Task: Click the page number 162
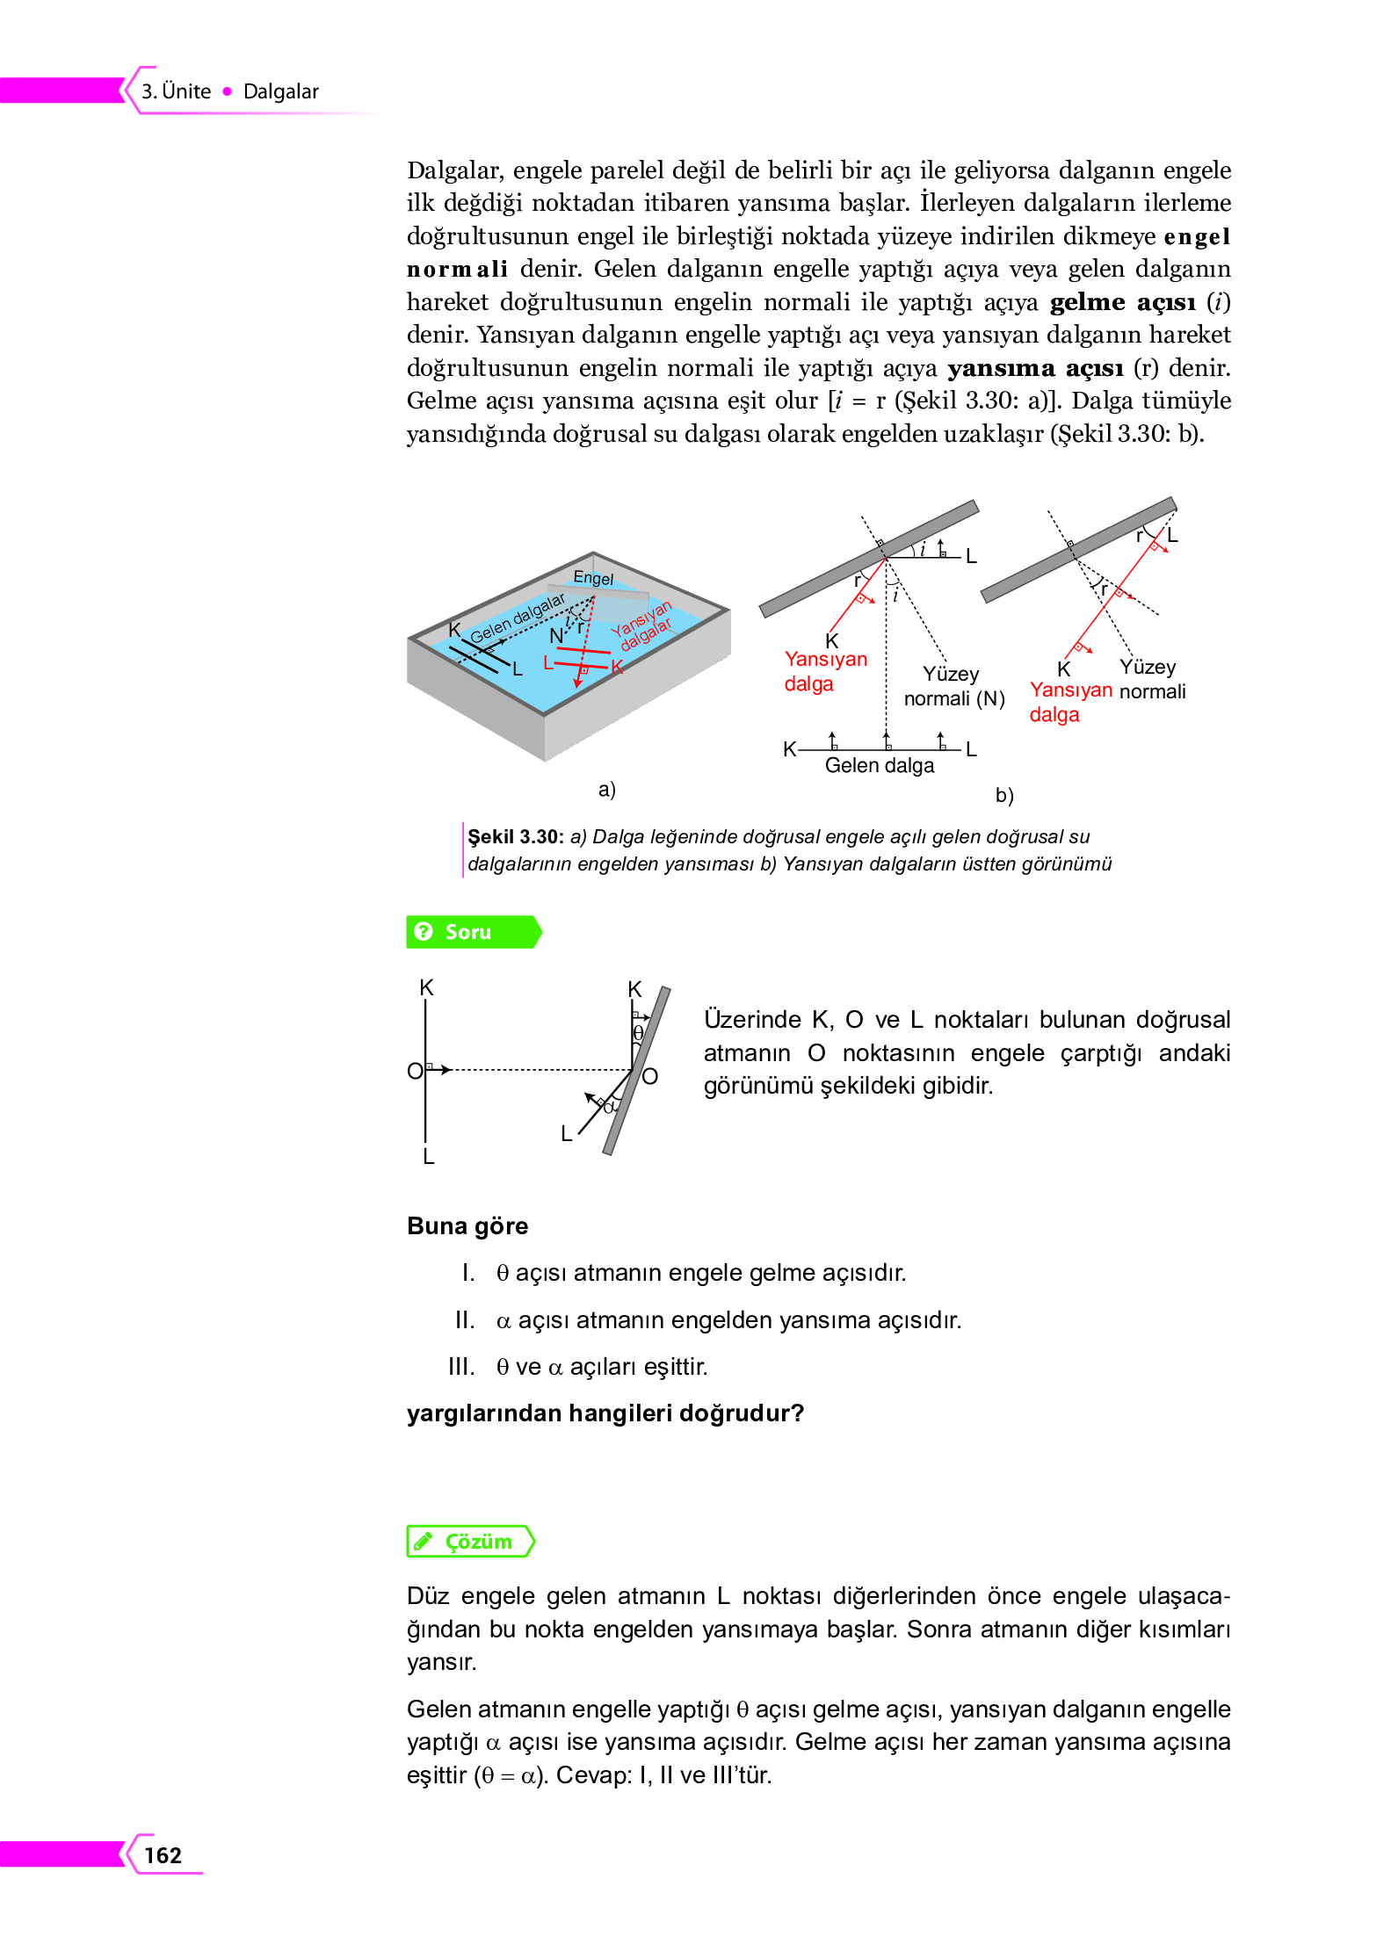[x=163, y=1854]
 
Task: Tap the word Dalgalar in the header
[x=280, y=92]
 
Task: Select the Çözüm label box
[x=471, y=1542]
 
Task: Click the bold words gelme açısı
[x=1122, y=302]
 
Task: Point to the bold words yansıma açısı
[x=1035, y=368]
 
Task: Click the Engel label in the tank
[x=593, y=578]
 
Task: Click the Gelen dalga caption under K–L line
[x=879, y=766]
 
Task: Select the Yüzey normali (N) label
[x=953, y=687]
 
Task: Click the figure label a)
[x=606, y=790]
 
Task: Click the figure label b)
[x=1004, y=796]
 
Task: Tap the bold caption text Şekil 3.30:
[x=515, y=837]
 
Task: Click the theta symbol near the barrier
[x=639, y=1033]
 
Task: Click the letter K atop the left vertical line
[x=426, y=988]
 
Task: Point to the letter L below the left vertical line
[x=429, y=1157]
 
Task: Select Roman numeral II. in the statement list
[x=465, y=1320]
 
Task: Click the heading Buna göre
[x=467, y=1226]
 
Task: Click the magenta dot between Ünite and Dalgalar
[x=228, y=91]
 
